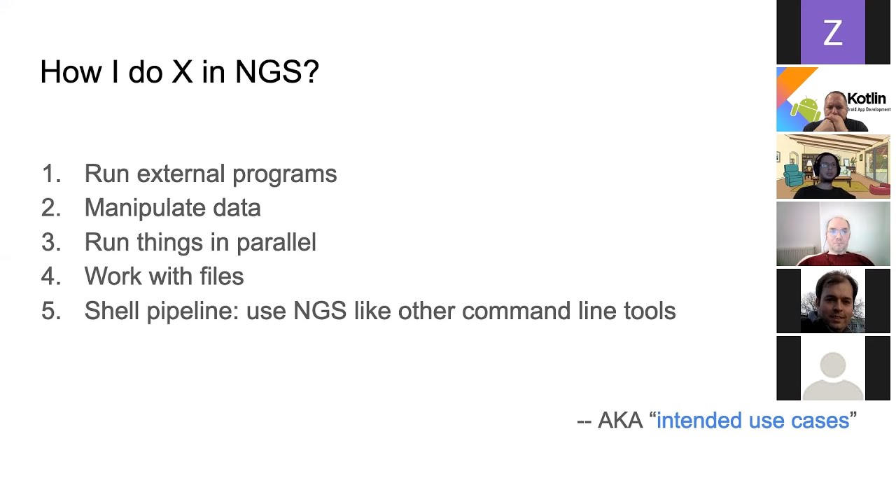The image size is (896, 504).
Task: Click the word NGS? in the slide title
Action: click(276, 72)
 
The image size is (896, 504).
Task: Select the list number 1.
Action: click(50, 174)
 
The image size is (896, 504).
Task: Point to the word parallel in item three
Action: click(276, 242)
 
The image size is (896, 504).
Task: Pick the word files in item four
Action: click(221, 276)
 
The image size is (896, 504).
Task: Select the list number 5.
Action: click(50, 311)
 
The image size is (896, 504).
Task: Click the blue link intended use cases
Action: click(752, 420)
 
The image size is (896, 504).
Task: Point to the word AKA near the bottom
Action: click(620, 420)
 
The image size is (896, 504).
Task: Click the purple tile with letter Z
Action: click(832, 33)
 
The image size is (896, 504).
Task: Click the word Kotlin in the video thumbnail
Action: click(867, 99)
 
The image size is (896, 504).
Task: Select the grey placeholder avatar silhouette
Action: click(832, 371)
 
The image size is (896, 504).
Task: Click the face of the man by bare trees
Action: click(833, 297)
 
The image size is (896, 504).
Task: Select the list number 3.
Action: click(50, 242)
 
